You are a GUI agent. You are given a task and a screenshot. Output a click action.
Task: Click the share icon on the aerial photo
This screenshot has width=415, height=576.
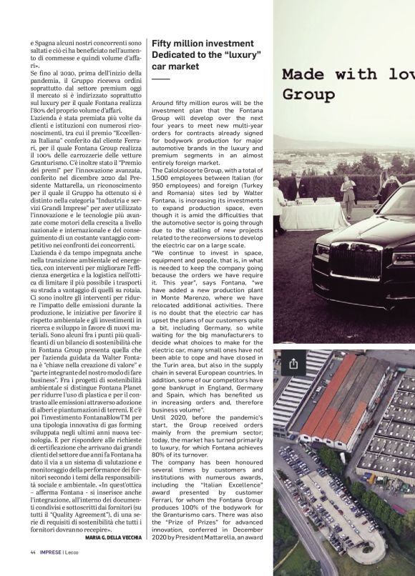click(x=293, y=364)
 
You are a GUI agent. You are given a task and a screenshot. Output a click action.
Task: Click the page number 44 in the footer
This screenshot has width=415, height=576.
click(x=33, y=552)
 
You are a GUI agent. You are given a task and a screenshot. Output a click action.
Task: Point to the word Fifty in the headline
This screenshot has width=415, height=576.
click(x=163, y=44)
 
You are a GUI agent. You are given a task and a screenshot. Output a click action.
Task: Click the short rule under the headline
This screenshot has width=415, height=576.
click(x=161, y=79)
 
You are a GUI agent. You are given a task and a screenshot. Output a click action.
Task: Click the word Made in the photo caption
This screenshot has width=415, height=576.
click(x=305, y=74)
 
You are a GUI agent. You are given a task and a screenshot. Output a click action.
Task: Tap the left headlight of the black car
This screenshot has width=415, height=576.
click(x=322, y=250)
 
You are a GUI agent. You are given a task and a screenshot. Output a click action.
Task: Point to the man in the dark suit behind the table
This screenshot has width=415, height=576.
click(x=295, y=187)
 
